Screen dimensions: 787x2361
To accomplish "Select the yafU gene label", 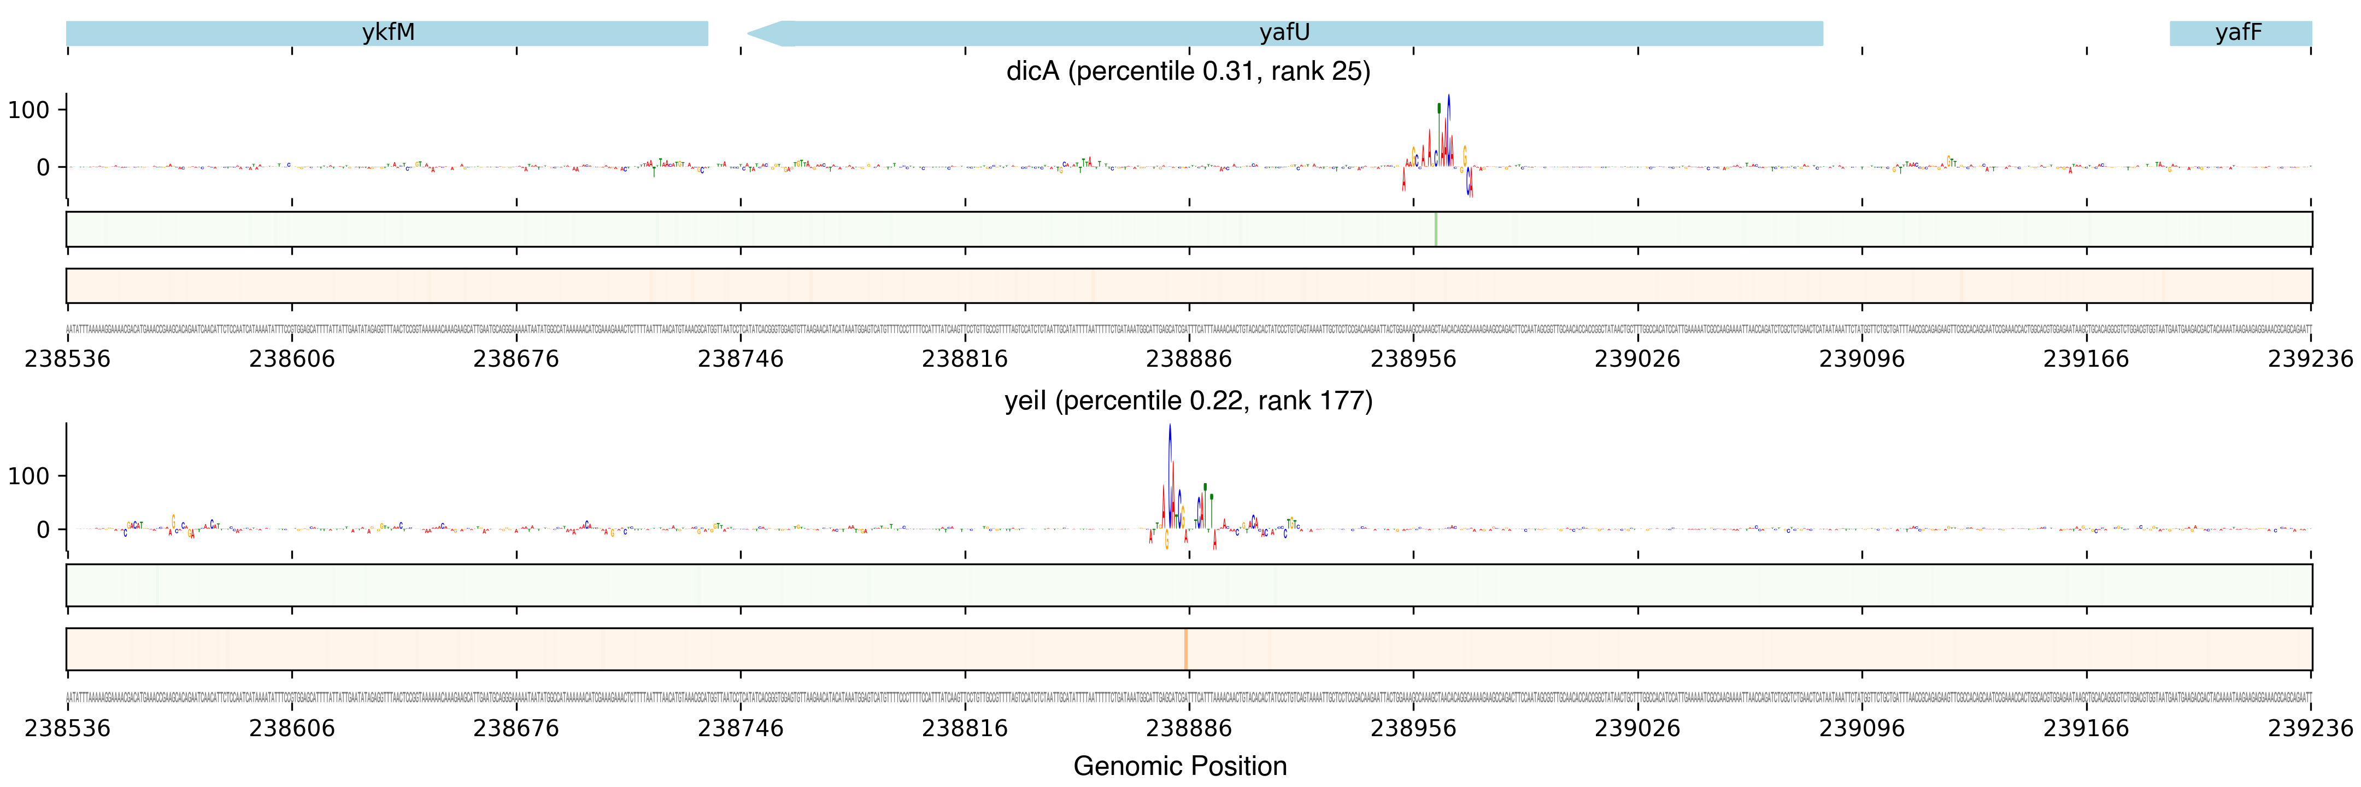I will [x=1284, y=33].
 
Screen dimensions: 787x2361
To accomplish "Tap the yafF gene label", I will [x=2238, y=33].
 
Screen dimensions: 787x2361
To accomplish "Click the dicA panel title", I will [x=1188, y=72].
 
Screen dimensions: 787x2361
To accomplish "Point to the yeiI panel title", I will [x=1188, y=401].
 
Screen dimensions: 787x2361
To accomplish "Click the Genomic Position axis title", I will [x=1179, y=766].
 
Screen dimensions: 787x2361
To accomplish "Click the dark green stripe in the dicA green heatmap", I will [x=1435, y=229].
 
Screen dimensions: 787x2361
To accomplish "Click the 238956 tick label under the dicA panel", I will [x=1412, y=358].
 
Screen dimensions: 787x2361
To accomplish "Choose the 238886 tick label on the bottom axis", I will [x=1189, y=729].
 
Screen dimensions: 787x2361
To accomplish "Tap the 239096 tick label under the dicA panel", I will [x=1861, y=358].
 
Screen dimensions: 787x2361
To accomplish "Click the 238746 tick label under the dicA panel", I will [x=741, y=358].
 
